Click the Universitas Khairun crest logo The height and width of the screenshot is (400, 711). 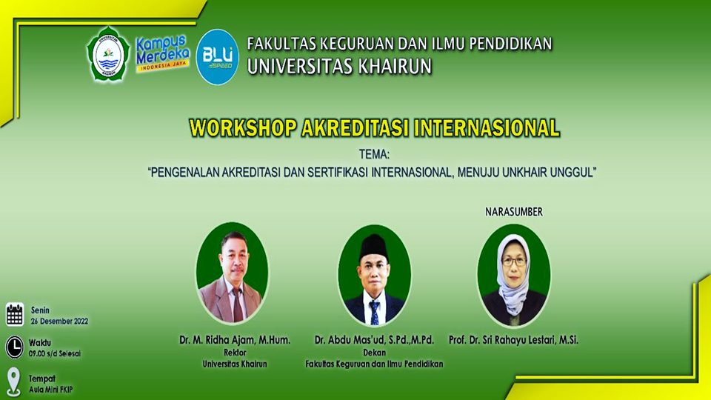click(x=108, y=54)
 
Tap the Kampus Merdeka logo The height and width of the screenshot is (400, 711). click(x=163, y=53)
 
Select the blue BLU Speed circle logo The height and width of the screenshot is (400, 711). click(x=218, y=56)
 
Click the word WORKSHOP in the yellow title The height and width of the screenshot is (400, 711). click(x=243, y=127)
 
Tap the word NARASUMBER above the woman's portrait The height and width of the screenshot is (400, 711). click(x=513, y=212)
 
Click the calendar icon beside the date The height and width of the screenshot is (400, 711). click(x=15, y=314)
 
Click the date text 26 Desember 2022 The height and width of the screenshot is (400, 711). click(x=59, y=321)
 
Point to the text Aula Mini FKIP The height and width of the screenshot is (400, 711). click(x=51, y=390)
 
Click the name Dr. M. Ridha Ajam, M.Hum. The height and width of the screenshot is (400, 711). click(x=234, y=340)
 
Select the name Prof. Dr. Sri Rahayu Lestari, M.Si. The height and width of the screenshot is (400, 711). click(x=513, y=340)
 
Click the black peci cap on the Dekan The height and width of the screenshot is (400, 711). click(x=373, y=246)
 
